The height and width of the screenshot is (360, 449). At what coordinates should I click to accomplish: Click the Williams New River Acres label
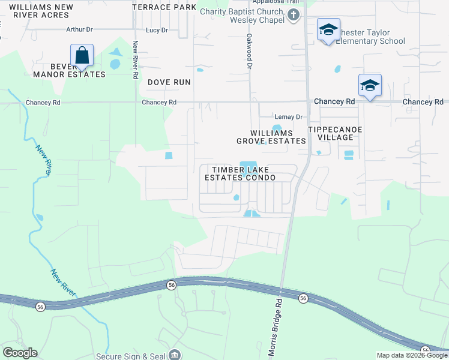pos(41,11)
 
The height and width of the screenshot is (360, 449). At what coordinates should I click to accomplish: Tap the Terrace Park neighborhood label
pos(164,7)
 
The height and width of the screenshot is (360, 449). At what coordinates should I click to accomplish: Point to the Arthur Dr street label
pos(80,29)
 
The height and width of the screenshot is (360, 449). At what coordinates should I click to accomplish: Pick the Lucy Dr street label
pos(157,29)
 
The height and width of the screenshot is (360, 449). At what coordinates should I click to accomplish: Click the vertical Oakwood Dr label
pos(248,46)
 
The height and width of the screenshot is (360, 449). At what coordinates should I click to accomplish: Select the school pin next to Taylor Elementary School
pos(328,31)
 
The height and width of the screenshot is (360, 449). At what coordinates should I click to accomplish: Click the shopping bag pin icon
pos(82,56)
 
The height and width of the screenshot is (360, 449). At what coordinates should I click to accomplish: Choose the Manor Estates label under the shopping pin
pos(69,74)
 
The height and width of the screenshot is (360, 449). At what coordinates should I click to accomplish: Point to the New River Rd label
pos(136,60)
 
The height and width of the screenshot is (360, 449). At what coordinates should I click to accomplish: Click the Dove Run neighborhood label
pos(169,82)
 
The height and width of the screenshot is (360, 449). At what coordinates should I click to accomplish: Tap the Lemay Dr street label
pos(288,117)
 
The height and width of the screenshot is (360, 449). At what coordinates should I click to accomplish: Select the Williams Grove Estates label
pos(271,137)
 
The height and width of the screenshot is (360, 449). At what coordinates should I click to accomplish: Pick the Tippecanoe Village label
pos(331,133)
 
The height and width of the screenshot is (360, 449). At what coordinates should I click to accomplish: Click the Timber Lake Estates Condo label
pos(240,173)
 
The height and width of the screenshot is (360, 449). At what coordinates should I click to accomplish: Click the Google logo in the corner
pos(20,353)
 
